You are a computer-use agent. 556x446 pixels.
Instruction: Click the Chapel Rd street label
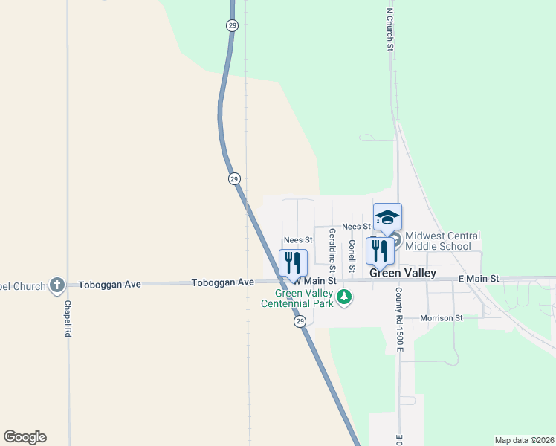point(67,319)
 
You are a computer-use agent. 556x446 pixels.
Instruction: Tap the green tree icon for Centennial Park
point(343,298)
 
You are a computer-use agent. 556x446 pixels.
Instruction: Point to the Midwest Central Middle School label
point(443,241)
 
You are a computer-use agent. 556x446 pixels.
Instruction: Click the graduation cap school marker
point(387,217)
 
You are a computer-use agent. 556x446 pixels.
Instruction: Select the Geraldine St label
point(332,250)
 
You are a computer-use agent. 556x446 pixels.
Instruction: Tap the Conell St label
point(352,254)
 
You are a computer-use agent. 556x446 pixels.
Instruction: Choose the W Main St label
point(316,282)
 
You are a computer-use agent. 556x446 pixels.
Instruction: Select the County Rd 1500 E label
point(398,320)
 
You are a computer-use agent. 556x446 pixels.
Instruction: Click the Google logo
point(25,437)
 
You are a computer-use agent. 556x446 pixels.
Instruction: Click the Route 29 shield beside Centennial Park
point(299,320)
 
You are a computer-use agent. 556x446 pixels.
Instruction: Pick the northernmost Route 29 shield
point(232,25)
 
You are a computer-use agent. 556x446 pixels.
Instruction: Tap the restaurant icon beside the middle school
point(380,251)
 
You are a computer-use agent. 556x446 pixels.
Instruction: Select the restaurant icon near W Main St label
point(293,262)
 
